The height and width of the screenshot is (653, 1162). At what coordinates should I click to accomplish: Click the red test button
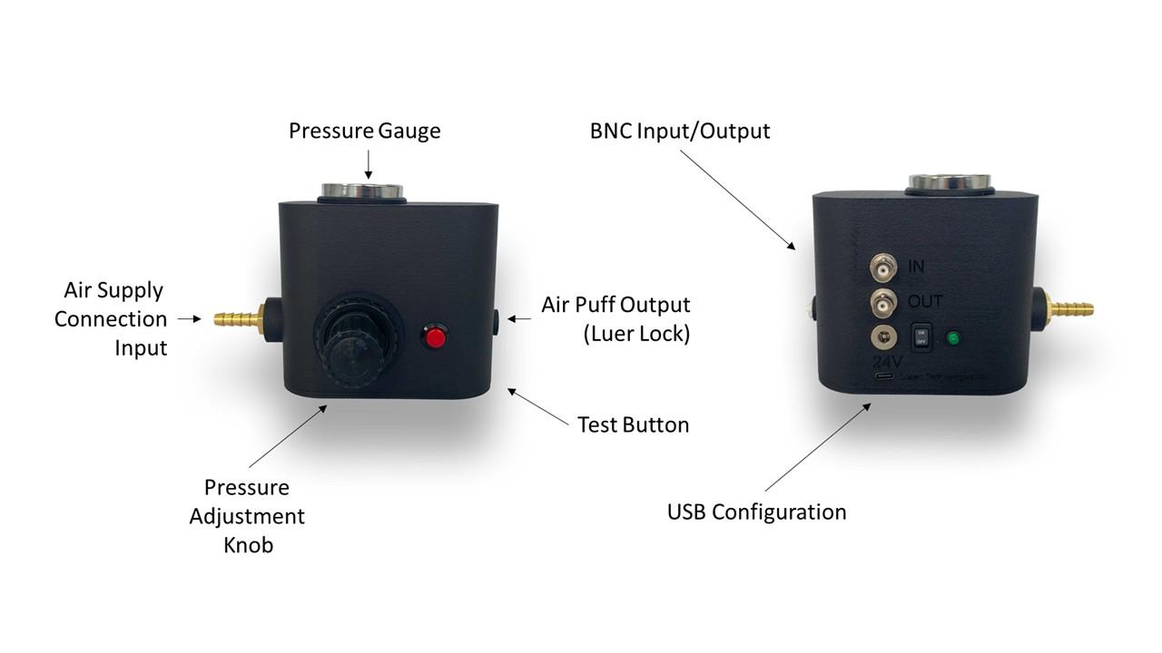(436, 337)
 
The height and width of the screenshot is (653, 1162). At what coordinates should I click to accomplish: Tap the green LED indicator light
(953, 338)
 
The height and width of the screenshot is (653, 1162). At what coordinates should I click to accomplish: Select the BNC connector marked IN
(882, 267)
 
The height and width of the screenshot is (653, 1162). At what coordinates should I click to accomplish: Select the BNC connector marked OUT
(882, 302)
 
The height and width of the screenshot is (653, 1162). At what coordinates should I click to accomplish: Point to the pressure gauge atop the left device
(361, 191)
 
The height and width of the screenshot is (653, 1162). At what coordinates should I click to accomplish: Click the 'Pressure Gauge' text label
(364, 131)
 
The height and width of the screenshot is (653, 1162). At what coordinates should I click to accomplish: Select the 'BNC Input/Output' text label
(679, 131)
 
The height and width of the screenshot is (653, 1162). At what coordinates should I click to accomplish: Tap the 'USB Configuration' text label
(756, 512)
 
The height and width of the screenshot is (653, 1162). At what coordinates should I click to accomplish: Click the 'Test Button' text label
(633, 424)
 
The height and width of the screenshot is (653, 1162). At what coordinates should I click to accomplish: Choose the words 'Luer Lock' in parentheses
(635, 334)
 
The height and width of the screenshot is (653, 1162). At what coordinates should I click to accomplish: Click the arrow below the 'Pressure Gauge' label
(368, 163)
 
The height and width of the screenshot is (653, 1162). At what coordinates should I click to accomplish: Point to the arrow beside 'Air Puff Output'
(519, 318)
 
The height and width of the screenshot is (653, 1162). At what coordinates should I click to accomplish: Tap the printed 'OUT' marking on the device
(925, 301)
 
